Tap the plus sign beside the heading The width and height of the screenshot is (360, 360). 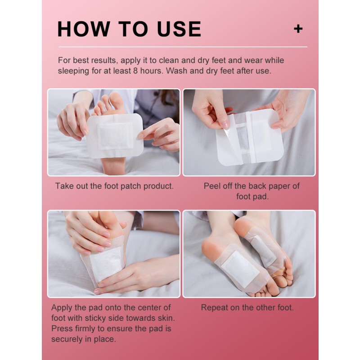click(x=298, y=29)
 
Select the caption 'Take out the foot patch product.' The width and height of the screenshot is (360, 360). click(x=114, y=186)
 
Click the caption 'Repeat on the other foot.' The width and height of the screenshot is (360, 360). click(x=247, y=308)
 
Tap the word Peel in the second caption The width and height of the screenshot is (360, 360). click(x=213, y=186)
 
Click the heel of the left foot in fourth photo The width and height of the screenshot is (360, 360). click(x=211, y=247)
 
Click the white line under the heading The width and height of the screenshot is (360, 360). click(x=180, y=47)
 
